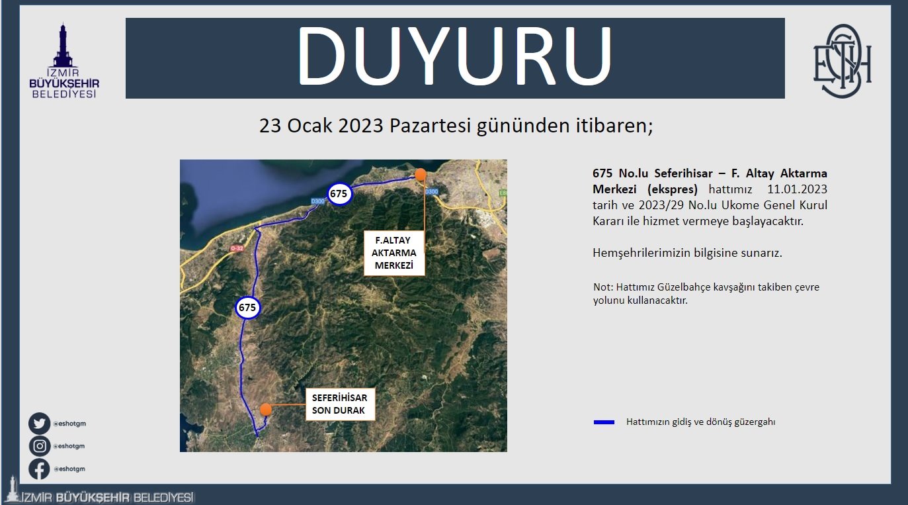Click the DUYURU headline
(455, 56)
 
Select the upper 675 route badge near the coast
(339, 194)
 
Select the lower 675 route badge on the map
(247, 308)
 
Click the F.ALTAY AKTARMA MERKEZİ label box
(394, 253)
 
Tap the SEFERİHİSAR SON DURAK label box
(340, 404)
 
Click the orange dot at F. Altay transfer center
(421, 175)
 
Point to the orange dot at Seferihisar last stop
(265, 409)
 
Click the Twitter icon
(39, 424)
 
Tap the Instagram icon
(39, 446)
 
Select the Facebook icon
(39, 469)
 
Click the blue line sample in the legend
(604, 422)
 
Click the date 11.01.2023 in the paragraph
(798, 189)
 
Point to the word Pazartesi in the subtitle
(430, 126)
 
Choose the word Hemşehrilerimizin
(641, 253)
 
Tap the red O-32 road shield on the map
(237, 248)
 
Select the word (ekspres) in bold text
(673, 189)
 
